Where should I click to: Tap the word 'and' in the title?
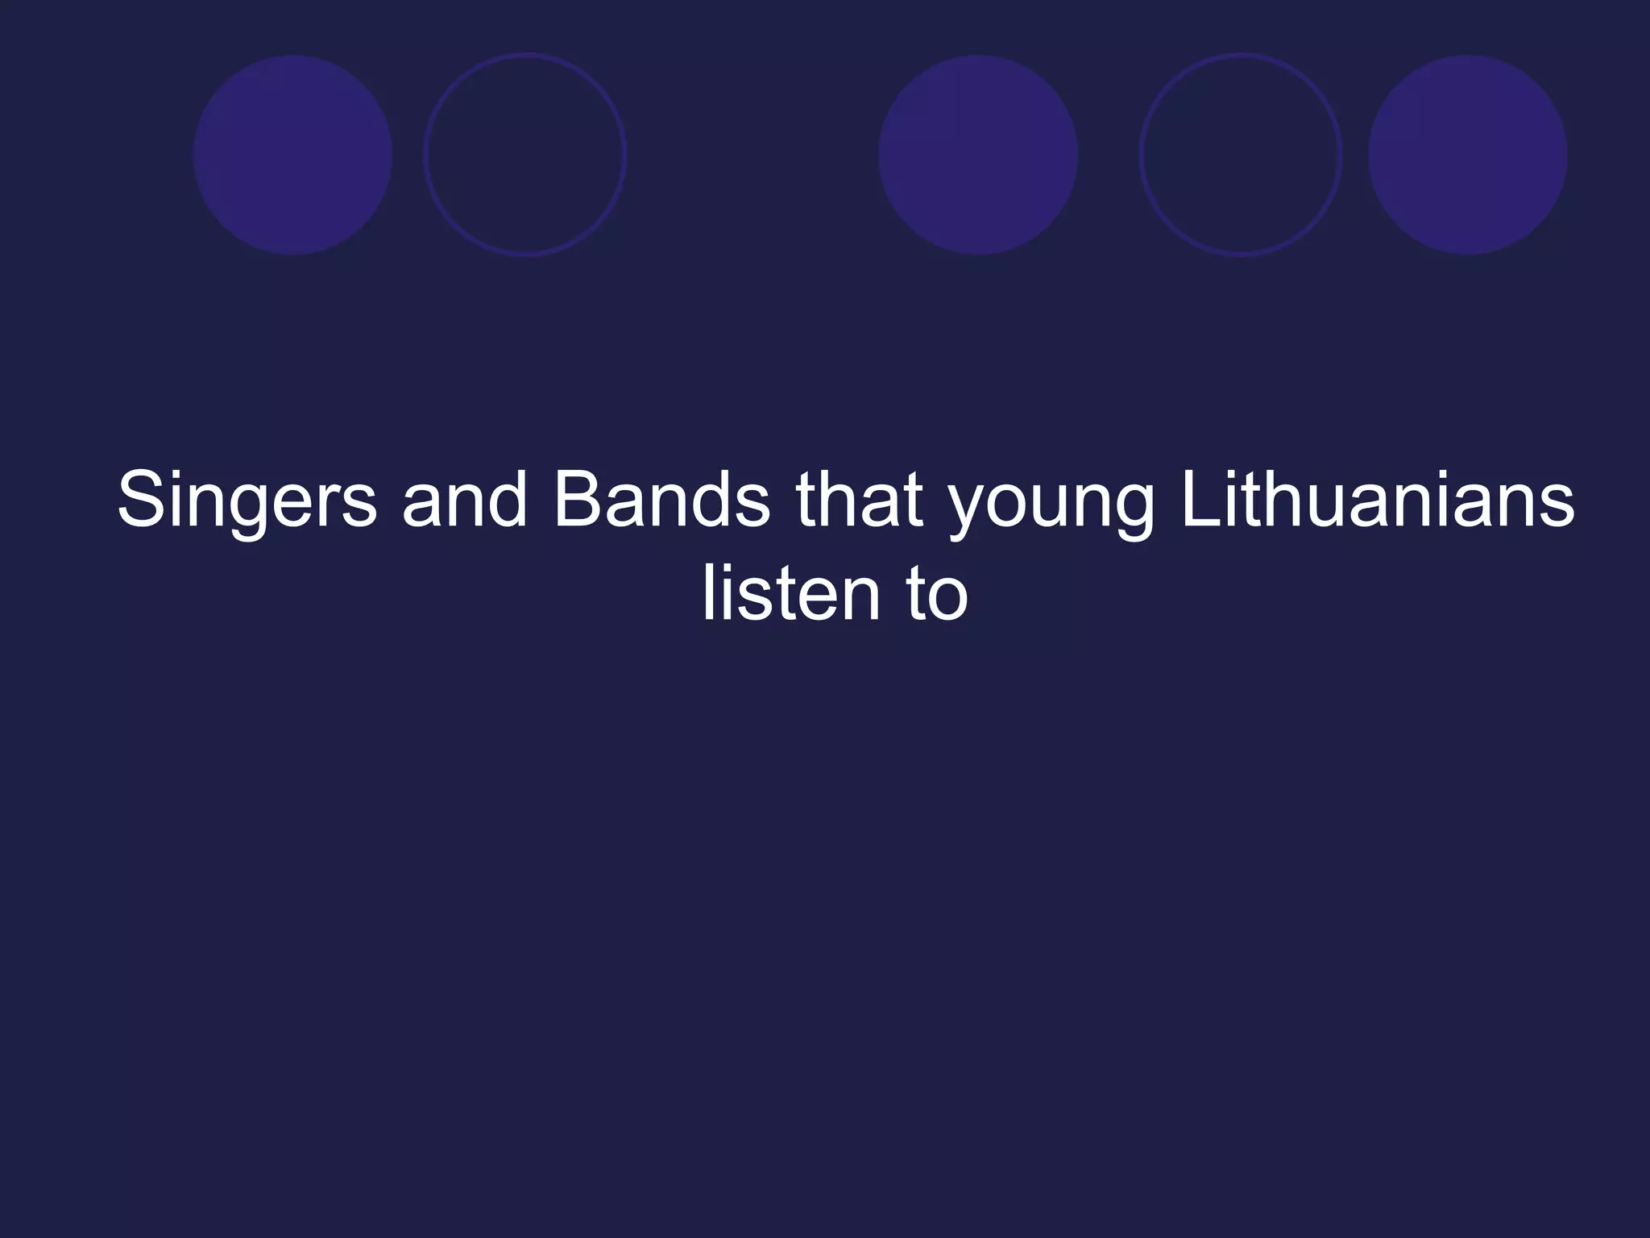point(464,501)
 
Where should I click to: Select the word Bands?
point(661,501)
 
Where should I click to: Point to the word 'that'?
point(859,501)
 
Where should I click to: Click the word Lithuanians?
point(1377,501)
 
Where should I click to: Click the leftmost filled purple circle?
point(292,155)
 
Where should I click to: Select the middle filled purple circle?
point(978,155)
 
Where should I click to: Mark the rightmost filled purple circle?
point(1468,155)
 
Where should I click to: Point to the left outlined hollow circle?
point(525,155)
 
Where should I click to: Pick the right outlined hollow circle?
point(1241,155)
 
